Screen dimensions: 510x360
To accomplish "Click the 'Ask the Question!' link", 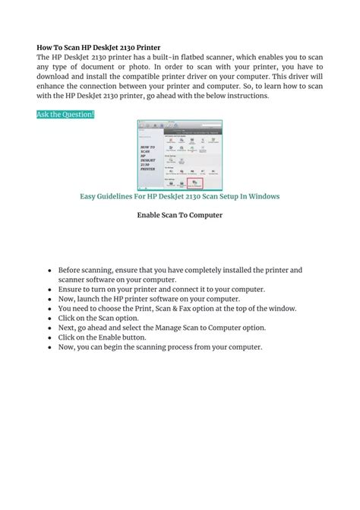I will coord(65,114).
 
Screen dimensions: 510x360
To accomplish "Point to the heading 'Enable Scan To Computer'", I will coord(179,215).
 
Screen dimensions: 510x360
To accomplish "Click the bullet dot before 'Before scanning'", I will coord(49,271).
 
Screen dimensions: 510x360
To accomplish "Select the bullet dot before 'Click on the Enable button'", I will coord(49,337).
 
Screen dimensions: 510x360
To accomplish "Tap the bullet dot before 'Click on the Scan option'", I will coord(49,318).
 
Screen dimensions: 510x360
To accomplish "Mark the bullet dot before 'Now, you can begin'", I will coord(49,347).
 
